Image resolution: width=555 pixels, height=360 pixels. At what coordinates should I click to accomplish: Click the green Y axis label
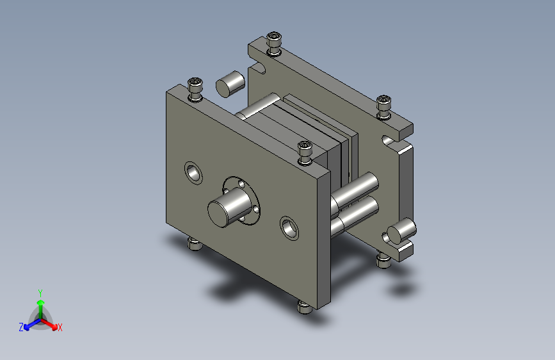click(x=40, y=293)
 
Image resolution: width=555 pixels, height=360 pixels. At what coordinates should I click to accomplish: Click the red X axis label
click(x=60, y=327)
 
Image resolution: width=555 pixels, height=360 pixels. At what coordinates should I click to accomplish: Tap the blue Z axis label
click(x=21, y=327)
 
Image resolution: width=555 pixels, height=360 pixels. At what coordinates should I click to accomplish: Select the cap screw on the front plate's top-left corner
click(x=195, y=89)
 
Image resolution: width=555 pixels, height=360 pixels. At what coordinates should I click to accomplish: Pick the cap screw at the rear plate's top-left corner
click(x=273, y=44)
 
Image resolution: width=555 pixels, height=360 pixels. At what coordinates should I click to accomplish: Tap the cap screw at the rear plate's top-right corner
click(x=383, y=107)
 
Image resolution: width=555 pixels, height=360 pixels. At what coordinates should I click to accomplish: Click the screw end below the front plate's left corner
click(x=195, y=244)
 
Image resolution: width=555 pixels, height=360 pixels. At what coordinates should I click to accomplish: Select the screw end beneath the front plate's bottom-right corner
click(x=305, y=307)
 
